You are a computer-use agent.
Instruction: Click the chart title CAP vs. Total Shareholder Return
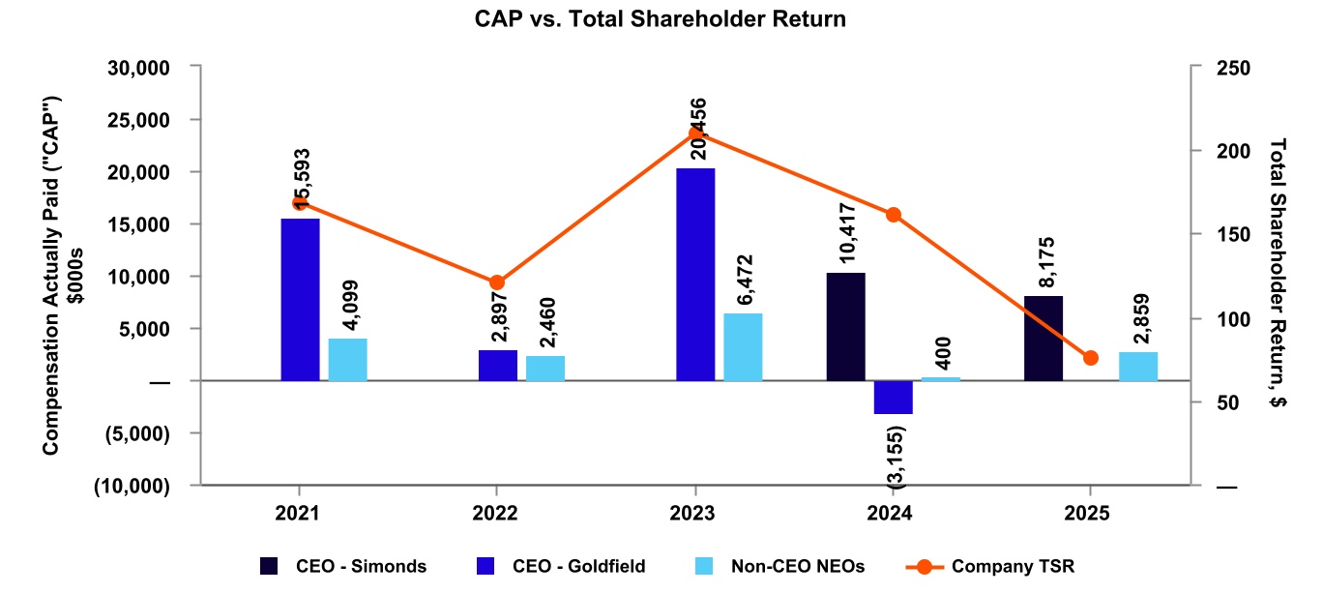tap(661, 19)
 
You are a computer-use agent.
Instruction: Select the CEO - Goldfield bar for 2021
tap(300, 299)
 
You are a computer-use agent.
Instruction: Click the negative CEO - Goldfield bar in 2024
tap(893, 398)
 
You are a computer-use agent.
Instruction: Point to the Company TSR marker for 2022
tap(497, 282)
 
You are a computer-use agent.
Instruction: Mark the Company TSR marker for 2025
tap(1091, 358)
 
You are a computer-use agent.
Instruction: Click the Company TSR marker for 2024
tap(894, 215)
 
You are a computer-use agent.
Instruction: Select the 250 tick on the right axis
tap(1235, 68)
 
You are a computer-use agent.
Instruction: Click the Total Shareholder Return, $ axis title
tap(1279, 275)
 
